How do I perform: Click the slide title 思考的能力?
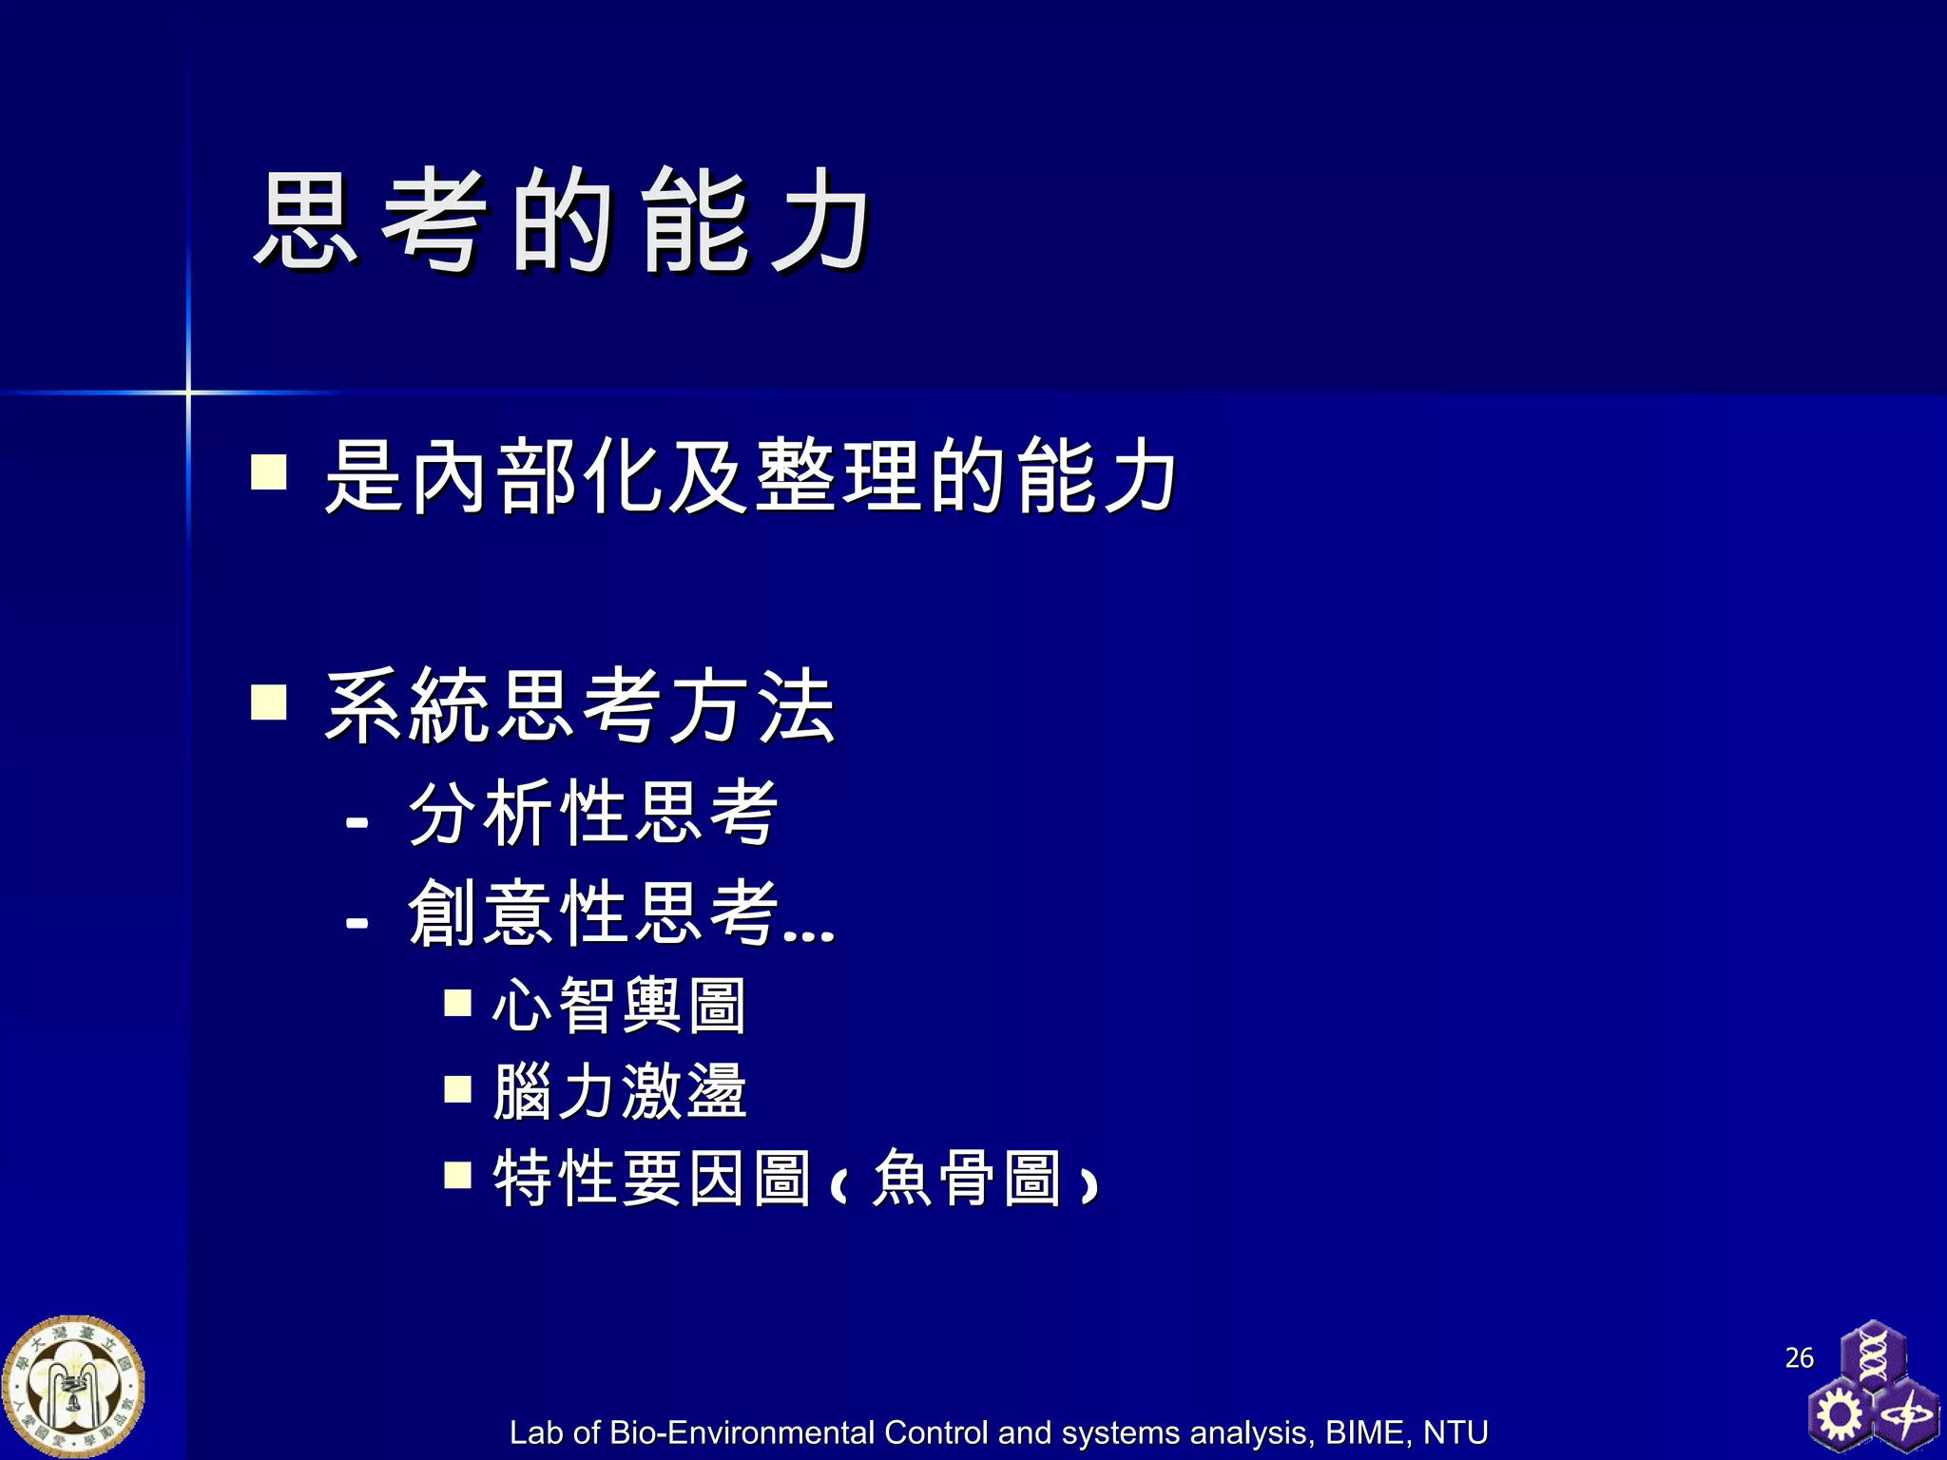coord(561,221)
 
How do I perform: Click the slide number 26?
coord(1799,1357)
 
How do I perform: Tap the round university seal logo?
coord(74,1386)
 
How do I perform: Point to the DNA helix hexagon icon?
coord(1873,1354)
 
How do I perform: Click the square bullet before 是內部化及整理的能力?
coord(269,471)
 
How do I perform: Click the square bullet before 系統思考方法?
coord(269,702)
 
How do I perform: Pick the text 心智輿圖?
coord(619,1006)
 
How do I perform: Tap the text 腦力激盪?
coord(619,1091)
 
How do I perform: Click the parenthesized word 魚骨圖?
coord(966,1179)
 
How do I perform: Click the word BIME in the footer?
coord(1367,1432)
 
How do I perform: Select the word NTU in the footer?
coord(1455,1432)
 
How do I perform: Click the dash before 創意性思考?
coord(357,921)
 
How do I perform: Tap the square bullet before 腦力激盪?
coord(458,1088)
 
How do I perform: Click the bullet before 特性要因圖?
coord(458,1176)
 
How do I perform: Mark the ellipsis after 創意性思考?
coord(809,934)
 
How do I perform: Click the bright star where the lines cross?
coord(188,392)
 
